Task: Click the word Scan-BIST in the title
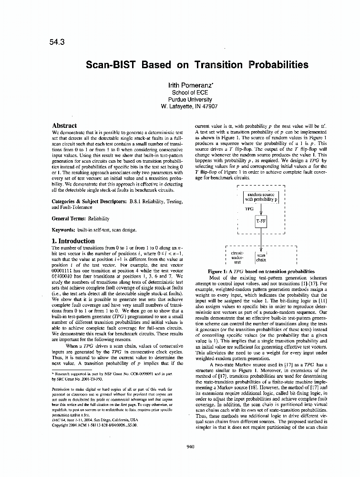click(x=109, y=64)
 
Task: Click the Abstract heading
click(x=64, y=126)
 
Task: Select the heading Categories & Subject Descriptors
click(x=87, y=202)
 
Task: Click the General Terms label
click(x=68, y=218)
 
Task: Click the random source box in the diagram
click(x=261, y=197)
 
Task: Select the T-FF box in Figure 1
click(x=261, y=222)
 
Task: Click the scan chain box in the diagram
click(x=261, y=258)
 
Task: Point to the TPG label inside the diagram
click(x=249, y=208)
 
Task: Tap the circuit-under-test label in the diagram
click(x=237, y=258)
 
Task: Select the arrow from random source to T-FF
click(x=261, y=209)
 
